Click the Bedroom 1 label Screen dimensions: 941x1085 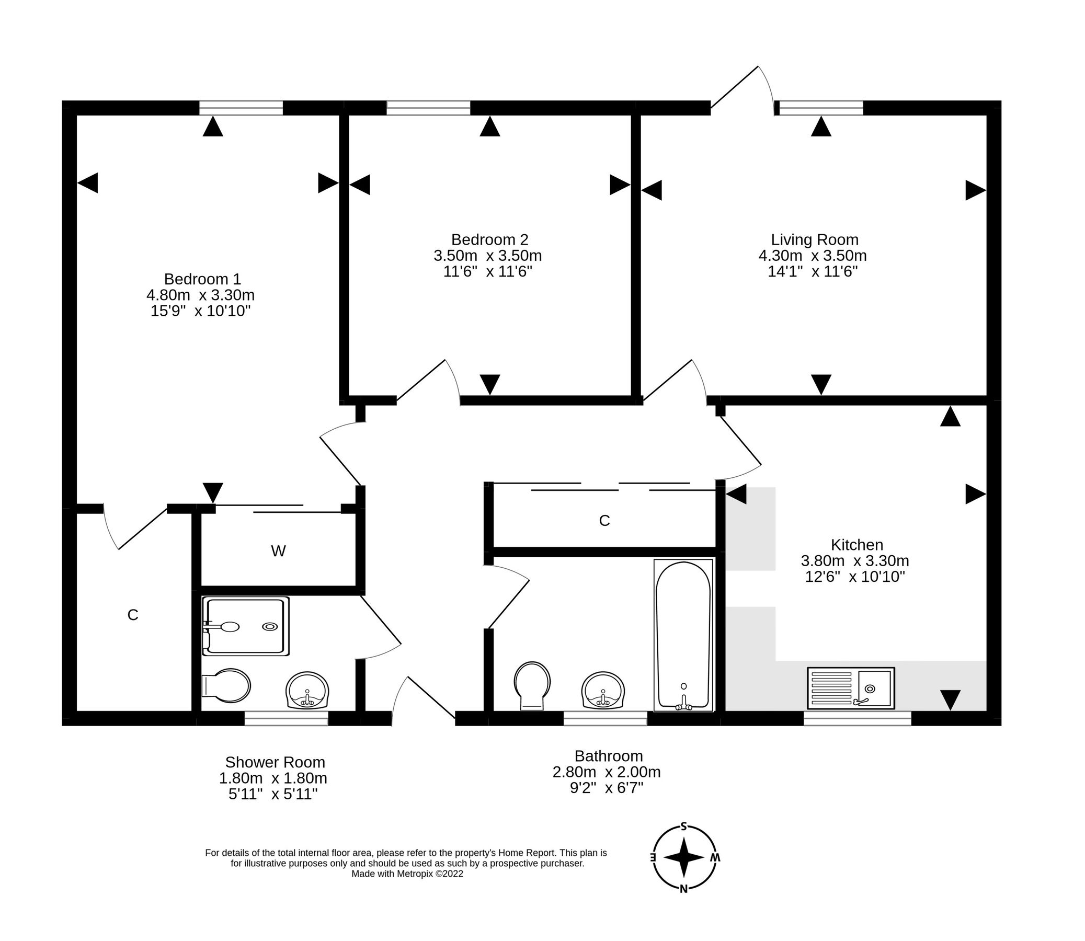[202, 279]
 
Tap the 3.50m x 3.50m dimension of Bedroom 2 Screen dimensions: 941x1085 [487, 256]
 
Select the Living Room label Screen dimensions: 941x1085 [814, 240]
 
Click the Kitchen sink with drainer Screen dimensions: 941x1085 [850, 688]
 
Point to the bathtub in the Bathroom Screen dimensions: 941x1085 [683, 635]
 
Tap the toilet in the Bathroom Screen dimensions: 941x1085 [532, 685]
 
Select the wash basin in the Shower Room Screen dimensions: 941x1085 [307, 690]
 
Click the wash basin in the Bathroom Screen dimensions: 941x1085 [603, 690]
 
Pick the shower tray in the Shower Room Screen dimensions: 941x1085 [246, 626]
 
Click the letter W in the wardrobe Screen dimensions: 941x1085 [278, 552]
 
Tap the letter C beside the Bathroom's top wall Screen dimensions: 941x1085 [604, 521]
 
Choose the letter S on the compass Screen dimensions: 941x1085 [684, 827]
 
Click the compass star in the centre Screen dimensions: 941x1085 [684, 857]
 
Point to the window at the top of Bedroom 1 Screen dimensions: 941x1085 [241, 108]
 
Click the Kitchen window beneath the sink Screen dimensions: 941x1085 [857, 718]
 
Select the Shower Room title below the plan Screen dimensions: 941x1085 [275, 762]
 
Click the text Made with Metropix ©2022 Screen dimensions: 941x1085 [407, 874]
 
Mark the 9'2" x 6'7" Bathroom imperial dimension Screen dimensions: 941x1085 [607, 788]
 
